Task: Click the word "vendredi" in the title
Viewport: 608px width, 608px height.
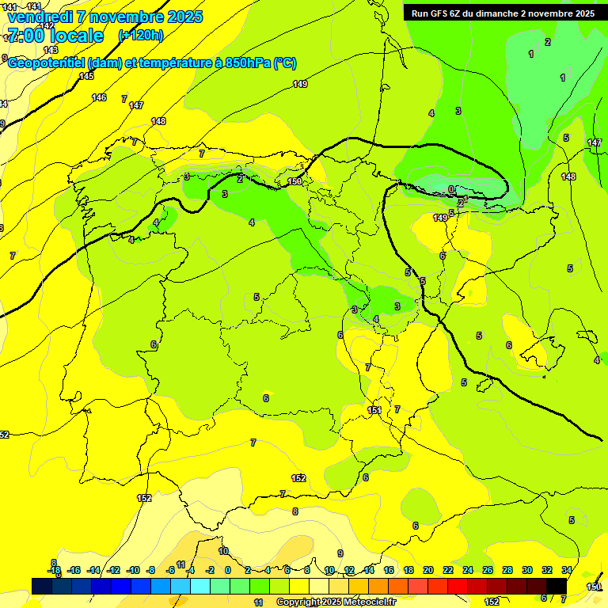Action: [40, 17]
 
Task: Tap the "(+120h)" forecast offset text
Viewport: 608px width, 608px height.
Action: [141, 35]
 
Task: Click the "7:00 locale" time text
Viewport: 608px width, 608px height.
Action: [55, 36]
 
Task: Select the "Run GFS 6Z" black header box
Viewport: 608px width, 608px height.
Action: [503, 13]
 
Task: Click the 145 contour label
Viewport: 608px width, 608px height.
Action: [86, 77]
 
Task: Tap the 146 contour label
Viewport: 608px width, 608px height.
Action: [99, 97]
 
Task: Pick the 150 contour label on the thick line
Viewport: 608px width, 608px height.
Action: [294, 182]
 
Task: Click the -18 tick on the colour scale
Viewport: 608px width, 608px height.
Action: [54, 570]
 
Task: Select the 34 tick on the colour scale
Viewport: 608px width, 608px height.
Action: [567, 570]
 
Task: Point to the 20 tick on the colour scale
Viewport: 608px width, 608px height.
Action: [428, 570]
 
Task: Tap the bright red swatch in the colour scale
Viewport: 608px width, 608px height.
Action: [458, 586]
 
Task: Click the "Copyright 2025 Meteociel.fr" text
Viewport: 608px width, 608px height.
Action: [336, 602]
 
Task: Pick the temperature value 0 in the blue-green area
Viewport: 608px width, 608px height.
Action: [450, 189]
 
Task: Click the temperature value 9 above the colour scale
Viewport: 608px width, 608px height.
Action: [340, 553]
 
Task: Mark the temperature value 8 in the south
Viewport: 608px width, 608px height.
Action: [295, 511]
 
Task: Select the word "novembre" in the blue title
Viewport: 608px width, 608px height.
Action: [125, 17]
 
